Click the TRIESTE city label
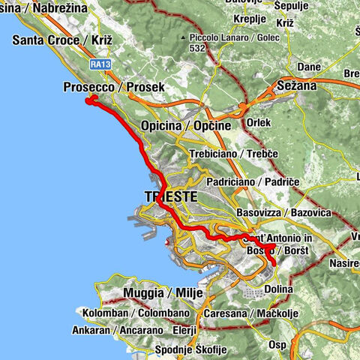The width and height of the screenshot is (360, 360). click(171, 196)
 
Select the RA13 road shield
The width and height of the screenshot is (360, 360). click(100, 65)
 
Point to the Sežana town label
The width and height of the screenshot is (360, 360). click(298, 85)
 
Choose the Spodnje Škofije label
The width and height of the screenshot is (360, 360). click(188, 349)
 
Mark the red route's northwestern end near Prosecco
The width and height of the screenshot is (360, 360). click(89, 100)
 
